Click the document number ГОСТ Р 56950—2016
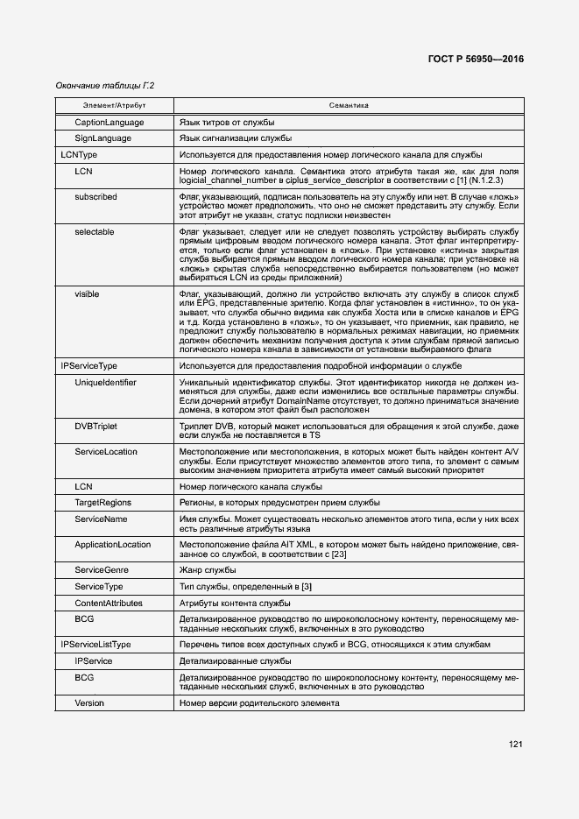coord(476,60)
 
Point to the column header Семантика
coord(349,105)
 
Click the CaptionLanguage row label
coord(109,122)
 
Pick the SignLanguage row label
coord(102,138)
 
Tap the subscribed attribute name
coord(95,197)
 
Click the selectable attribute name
coord(95,231)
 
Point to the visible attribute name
coord(87,293)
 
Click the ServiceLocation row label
coord(106,451)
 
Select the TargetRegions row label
coord(104,503)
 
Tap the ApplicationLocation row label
coord(113,545)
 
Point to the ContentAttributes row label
coord(108,604)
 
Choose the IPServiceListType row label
coord(95,645)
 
